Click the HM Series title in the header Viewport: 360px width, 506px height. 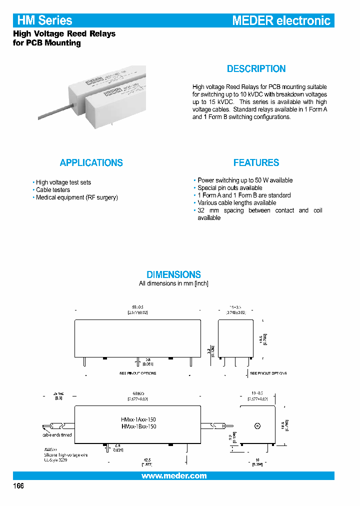pyautogui.click(x=45, y=20)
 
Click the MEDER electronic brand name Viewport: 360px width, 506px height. pyautogui.click(x=281, y=20)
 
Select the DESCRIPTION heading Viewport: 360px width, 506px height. pyautogui.click(x=256, y=69)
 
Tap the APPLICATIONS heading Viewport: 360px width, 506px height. pyautogui.click(x=91, y=162)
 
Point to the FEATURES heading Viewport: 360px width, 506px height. pyautogui.click(x=256, y=162)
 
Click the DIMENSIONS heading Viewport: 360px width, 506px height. pyautogui.click(x=173, y=274)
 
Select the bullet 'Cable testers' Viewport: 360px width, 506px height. pyautogui.click(x=52, y=190)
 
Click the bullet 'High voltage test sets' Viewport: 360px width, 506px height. pyautogui.click(x=63, y=182)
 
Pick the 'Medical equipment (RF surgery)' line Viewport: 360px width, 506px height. pyautogui.click(x=76, y=197)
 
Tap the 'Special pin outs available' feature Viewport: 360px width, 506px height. pyautogui.click(x=229, y=188)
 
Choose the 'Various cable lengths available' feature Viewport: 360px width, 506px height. pyautogui.click(x=236, y=203)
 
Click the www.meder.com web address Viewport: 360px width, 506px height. pyautogui.click(x=174, y=476)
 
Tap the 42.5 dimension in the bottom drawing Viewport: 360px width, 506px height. pyautogui.click(x=147, y=460)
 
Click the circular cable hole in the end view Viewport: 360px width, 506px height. pyautogui.click(x=257, y=426)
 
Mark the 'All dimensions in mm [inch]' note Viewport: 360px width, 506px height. pyautogui.click(x=173, y=283)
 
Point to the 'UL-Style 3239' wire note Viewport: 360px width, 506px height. pyautogui.click(x=55, y=459)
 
